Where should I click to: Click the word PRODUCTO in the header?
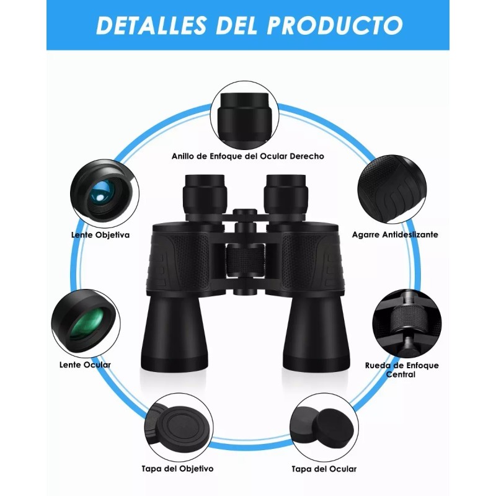tap(335, 25)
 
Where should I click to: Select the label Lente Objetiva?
tap(100, 235)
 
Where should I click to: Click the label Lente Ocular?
tap(86, 365)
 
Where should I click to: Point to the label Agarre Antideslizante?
tap(395, 235)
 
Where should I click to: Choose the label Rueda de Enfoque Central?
tap(402, 370)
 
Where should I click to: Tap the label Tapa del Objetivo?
tap(177, 469)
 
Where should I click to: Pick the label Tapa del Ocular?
tap(324, 469)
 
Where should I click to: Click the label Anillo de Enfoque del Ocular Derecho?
tap(248, 156)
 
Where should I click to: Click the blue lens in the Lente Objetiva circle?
tap(99, 195)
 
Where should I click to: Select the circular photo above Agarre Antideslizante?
tap(393, 190)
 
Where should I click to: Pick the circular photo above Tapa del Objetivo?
tap(178, 426)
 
